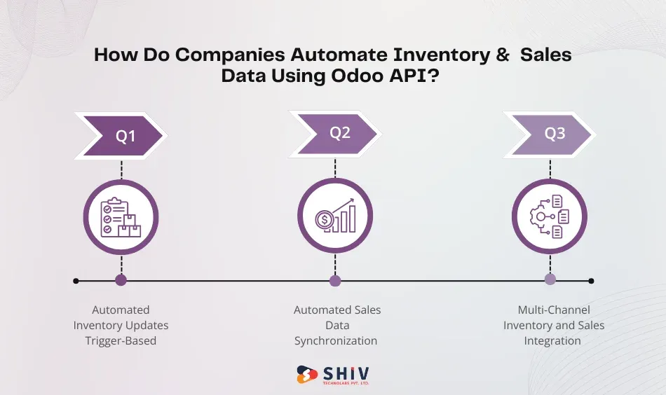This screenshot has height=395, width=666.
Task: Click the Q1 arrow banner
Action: point(123,137)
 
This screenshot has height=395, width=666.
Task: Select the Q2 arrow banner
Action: point(337,133)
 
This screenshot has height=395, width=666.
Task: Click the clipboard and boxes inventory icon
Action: point(121,217)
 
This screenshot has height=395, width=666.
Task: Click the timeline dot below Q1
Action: point(121,281)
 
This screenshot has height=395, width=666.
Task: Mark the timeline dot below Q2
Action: point(335,281)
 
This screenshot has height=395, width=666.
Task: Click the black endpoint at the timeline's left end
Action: point(76,281)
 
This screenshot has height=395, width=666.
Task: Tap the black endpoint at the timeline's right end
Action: point(591,281)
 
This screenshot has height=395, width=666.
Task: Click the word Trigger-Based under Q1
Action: point(121,341)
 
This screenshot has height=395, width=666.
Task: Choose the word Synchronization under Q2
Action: point(336,341)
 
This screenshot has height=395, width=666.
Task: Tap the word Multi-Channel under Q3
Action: point(554,310)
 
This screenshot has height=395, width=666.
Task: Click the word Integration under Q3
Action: point(552,341)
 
